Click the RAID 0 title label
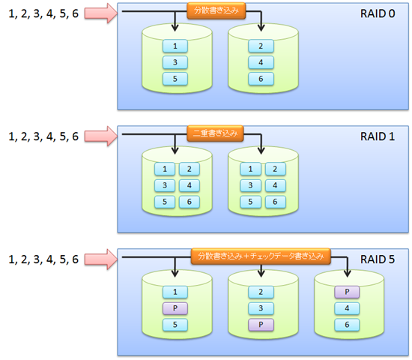(378, 13)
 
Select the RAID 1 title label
(378, 136)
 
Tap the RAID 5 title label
(378, 259)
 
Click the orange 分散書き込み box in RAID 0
(216, 10)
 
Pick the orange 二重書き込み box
(215, 133)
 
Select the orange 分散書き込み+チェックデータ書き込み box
(261, 256)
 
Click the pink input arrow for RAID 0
(101, 13)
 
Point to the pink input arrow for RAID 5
(101, 259)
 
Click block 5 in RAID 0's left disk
(175, 79)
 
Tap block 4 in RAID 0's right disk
(261, 63)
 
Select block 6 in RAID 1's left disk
(190, 202)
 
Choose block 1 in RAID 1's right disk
(250, 169)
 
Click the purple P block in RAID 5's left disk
(175, 308)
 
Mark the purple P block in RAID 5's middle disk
(261, 325)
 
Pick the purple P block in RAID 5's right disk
(347, 292)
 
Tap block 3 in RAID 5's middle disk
(261, 308)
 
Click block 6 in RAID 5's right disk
(347, 325)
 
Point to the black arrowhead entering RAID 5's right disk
(347, 273)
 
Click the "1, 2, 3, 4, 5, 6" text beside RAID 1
(43, 136)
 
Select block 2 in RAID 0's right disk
(261, 46)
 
